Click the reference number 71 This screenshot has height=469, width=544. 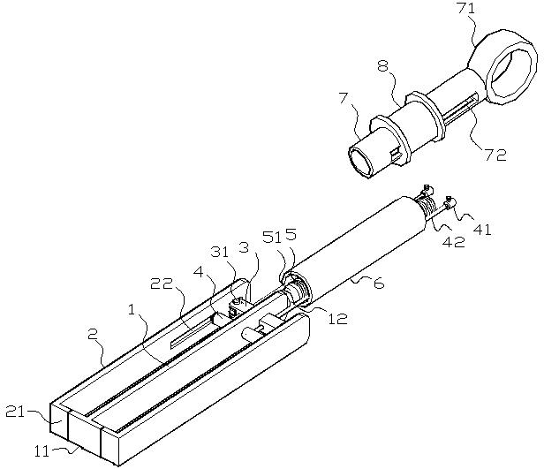(466, 8)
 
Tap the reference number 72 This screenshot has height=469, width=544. (496, 155)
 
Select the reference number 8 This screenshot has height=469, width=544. (382, 65)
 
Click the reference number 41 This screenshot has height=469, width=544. (482, 230)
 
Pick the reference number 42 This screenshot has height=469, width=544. (454, 242)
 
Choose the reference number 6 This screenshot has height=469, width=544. (379, 284)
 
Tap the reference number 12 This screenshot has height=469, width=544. (337, 319)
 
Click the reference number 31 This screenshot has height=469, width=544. (221, 252)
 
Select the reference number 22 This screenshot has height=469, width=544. (162, 284)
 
